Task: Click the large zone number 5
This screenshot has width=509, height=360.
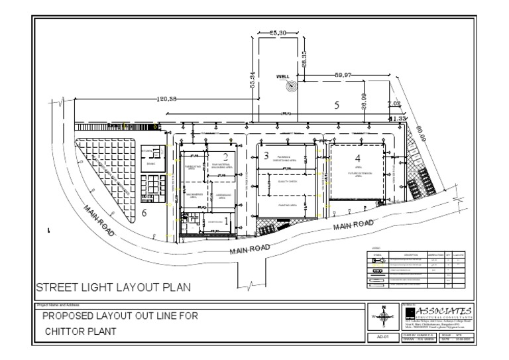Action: [337, 105]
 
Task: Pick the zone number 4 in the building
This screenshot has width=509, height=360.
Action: [358, 158]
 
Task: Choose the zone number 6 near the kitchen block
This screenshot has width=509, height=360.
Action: [144, 212]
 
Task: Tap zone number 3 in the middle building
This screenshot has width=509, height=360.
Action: [266, 156]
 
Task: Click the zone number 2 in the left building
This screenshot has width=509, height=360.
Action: [225, 156]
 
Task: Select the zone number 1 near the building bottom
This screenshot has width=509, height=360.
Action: [227, 219]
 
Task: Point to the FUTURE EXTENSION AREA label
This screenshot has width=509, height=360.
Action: [359, 174]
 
